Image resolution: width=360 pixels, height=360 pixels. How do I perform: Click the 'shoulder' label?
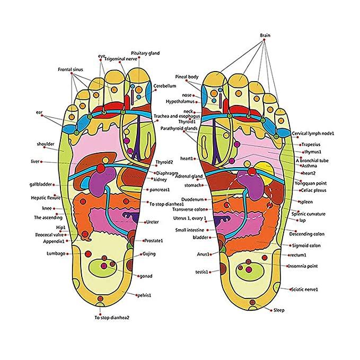(46, 144)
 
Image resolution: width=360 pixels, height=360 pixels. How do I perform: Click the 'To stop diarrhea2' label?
(112, 318)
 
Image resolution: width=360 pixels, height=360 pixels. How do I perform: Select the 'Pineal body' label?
(187, 77)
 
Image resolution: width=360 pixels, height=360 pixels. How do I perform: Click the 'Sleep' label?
(279, 310)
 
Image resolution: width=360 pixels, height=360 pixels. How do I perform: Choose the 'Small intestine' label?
(193, 230)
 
